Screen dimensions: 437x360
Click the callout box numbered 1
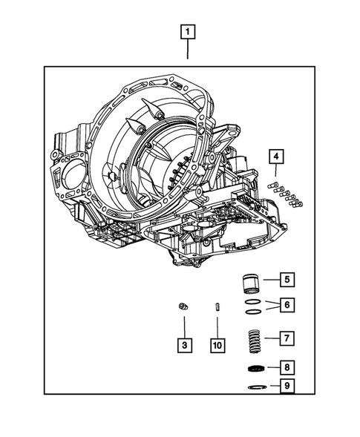pyautogui.click(x=188, y=32)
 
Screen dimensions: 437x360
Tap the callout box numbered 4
pyautogui.click(x=275, y=156)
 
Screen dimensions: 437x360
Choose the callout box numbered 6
pyautogui.click(x=286, y=305)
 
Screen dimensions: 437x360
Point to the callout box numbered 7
pyautogui.click(x=286, y=338)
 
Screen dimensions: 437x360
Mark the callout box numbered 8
pyautogui.click(x=286, y=367)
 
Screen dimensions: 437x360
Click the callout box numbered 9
pyautogui.click(x=286, y=386)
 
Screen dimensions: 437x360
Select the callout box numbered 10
pyautogui.click(x=217, y=345)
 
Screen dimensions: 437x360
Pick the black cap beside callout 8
pyautogui.click(x=255, y=369)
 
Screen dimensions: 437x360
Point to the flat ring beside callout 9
pyautogui.click(x=255, y=387)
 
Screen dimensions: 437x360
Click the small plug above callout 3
pyautogui.click(x=183, y=306)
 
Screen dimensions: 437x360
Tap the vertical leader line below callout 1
pyautogui.click(x=188, y=50)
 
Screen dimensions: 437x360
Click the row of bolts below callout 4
pyautogui.click(x=287, y=193)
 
